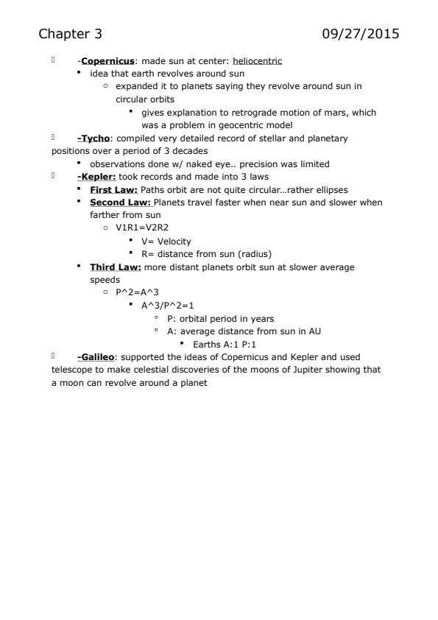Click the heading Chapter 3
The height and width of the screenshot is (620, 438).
[x=71, y=34]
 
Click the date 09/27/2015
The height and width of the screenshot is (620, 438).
[x=361, y=34]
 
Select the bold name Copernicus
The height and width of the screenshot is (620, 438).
[x=102, y=60]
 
